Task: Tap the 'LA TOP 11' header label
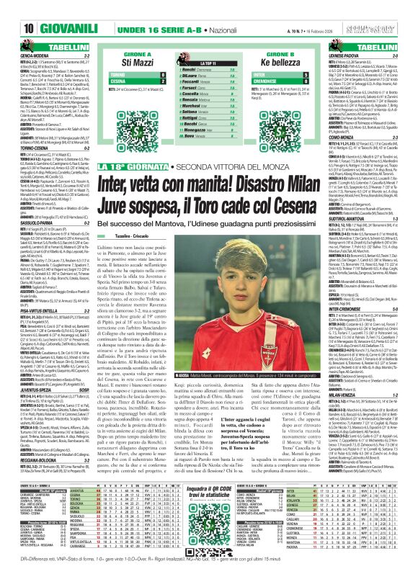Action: (208, 65)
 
